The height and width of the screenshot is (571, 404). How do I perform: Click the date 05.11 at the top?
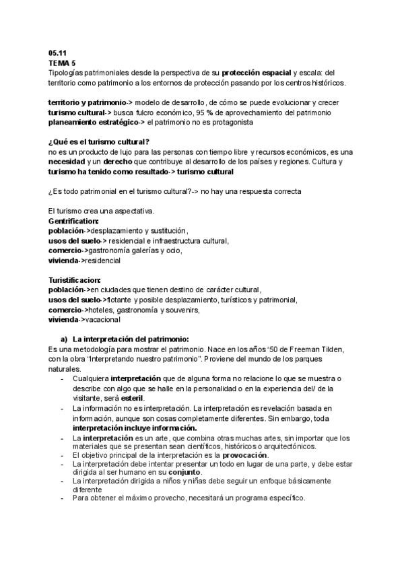(x=57, y=53)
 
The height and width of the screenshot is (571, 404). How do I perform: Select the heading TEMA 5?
(x=62, y=62)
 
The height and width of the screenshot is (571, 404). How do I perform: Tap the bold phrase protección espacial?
(x=257, y=71)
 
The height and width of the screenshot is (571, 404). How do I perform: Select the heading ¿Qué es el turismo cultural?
(x=99, y=142)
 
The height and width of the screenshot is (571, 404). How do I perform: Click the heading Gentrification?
(x=74, y=221)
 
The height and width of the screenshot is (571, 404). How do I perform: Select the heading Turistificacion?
(x=75, y=279)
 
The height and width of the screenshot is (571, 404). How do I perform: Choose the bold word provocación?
(x=244, y=455)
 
